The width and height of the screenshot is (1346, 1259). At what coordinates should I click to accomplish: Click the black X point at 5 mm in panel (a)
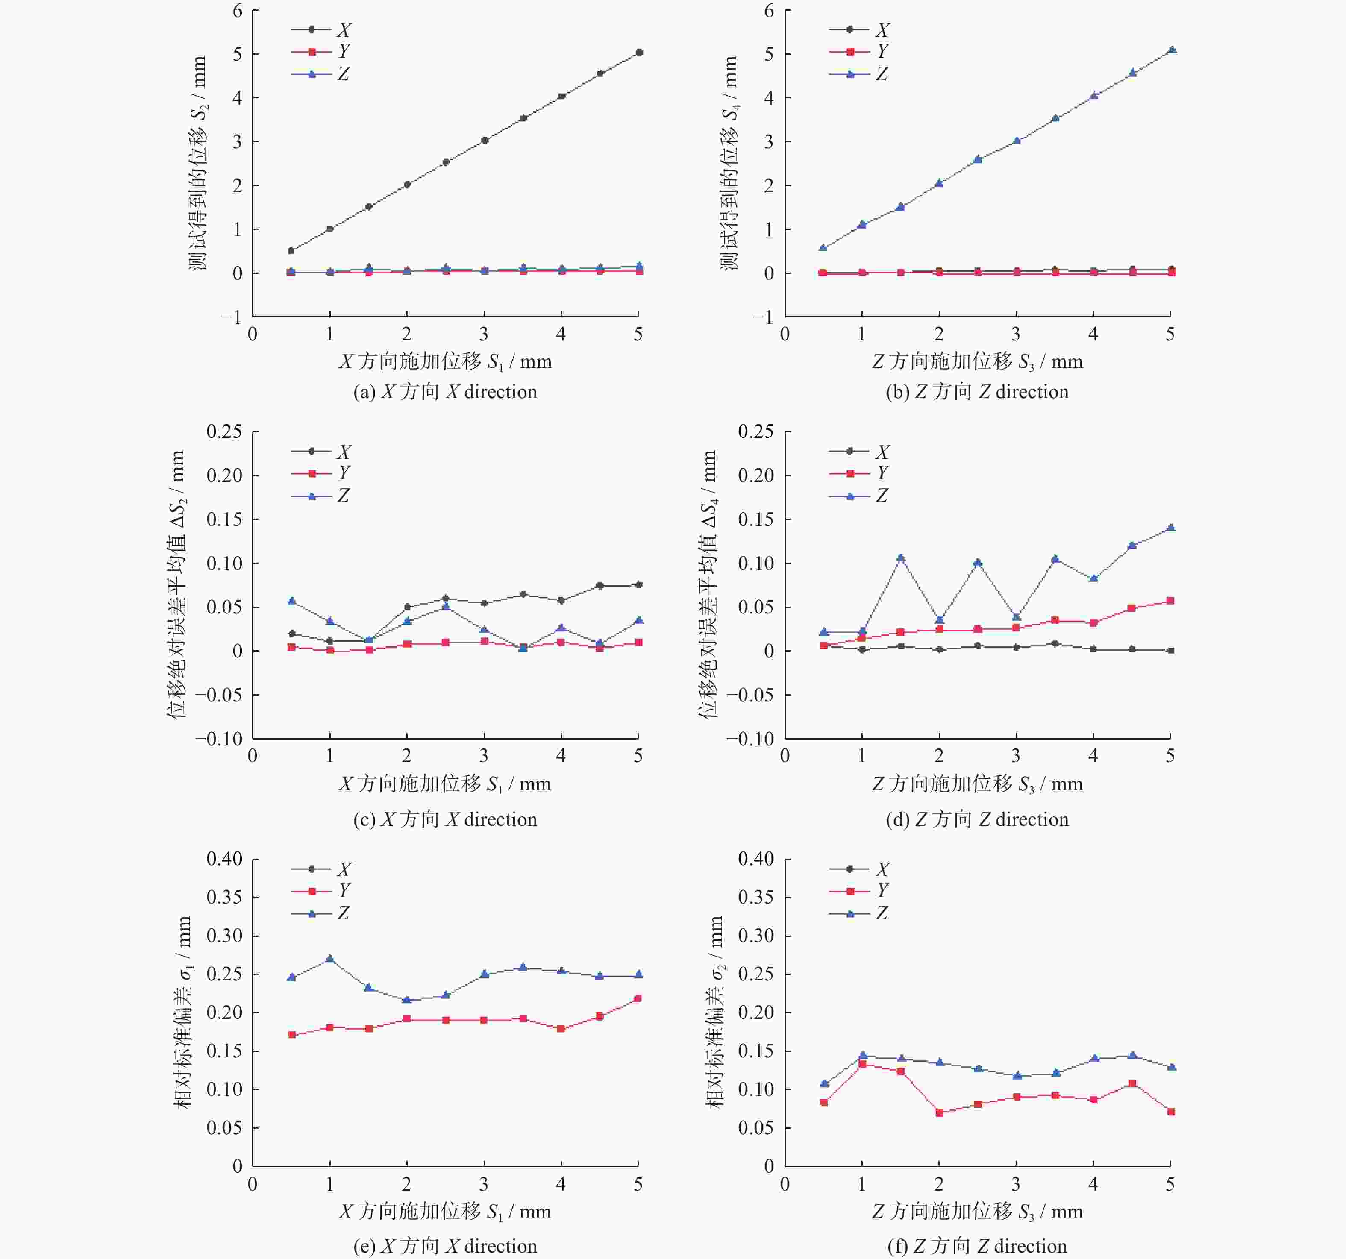638,52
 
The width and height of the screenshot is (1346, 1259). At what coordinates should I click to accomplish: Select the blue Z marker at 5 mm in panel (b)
1171,50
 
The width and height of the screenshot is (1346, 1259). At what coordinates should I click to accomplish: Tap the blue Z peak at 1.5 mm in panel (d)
900,558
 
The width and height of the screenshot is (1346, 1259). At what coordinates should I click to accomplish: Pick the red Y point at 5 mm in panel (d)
1171,600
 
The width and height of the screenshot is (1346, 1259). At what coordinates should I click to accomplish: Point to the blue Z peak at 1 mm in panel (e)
330,959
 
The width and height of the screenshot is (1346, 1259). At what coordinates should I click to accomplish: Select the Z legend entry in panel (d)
859,496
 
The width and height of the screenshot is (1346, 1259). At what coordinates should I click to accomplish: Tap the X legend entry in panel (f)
859,869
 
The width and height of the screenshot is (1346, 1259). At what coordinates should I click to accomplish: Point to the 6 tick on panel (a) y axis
237,11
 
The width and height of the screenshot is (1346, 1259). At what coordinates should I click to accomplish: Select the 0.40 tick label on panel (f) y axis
755,859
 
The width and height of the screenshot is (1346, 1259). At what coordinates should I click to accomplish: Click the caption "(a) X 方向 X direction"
445,392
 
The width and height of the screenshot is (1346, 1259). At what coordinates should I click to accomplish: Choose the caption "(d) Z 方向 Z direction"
977,819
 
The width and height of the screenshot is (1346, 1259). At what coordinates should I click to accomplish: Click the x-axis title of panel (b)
977,361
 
